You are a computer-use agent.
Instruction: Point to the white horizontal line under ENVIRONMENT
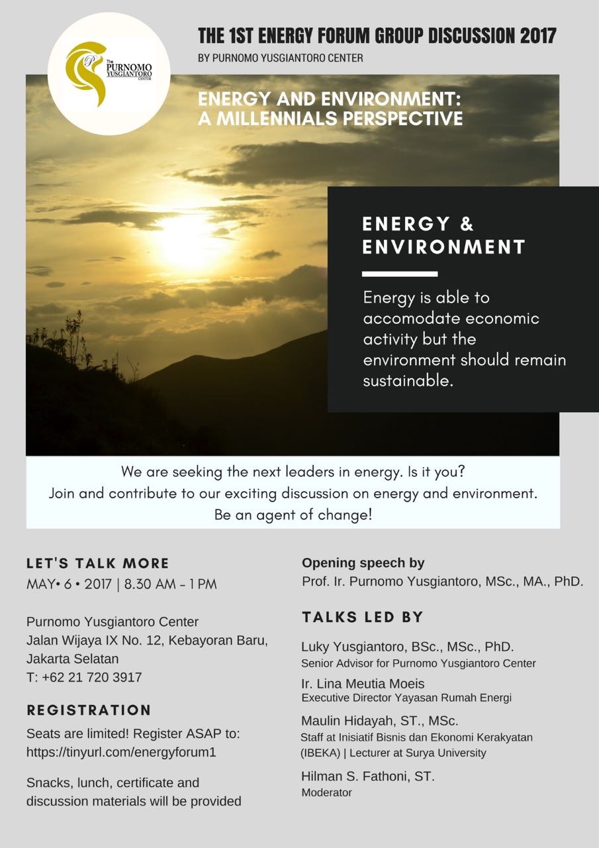400,274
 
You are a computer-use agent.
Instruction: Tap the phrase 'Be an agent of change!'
293,515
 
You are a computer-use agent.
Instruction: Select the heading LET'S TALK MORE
98,563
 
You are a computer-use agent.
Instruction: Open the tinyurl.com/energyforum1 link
121,752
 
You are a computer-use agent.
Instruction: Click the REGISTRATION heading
89,710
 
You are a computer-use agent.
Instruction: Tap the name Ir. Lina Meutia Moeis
363,683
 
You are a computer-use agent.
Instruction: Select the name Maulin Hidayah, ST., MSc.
380,720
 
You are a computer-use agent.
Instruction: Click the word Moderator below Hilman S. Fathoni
326,792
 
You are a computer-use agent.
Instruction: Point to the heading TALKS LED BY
363,617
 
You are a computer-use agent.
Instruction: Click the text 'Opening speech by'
363,563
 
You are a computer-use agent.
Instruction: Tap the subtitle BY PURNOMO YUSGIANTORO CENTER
281,58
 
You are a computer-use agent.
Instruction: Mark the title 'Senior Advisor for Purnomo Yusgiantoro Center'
418,663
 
